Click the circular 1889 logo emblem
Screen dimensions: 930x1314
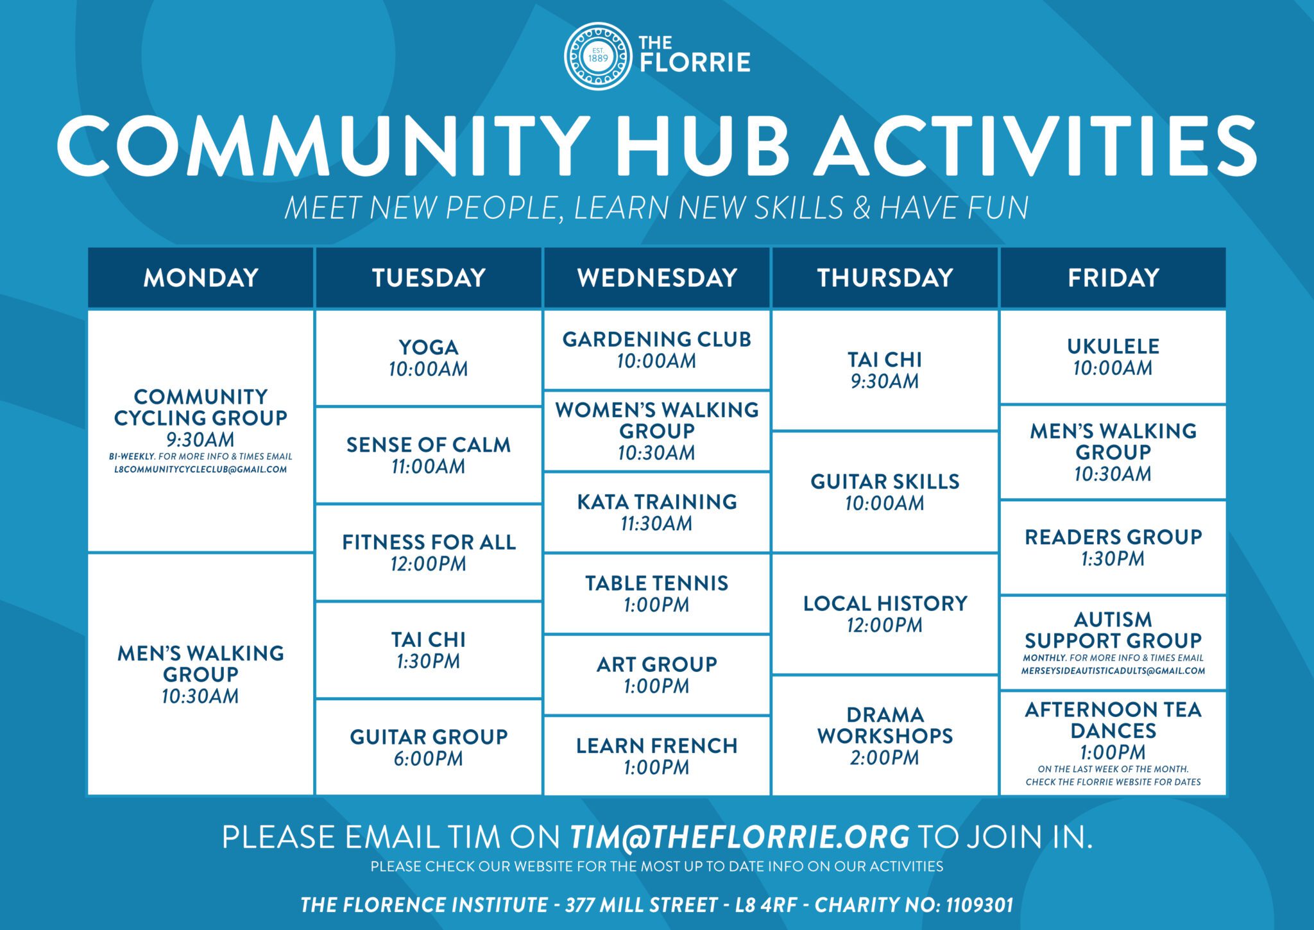(597, 56)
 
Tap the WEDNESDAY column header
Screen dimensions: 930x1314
(656, 278)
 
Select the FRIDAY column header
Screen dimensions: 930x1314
(1113, 278)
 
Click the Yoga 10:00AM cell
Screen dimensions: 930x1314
(429, 357)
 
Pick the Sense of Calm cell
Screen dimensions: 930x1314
(429, 455)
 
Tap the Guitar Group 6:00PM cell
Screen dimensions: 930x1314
(429, 747)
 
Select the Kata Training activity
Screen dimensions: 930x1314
(656, 512)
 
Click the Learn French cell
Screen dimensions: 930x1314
(656, 755)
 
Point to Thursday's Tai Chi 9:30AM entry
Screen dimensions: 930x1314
(885, 370)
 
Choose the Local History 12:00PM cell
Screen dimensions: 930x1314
(885, 614)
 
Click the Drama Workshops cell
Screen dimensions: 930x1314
(885, 736)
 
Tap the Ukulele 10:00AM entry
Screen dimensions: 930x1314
(1113, 357)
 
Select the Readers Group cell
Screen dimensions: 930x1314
(1113, 547)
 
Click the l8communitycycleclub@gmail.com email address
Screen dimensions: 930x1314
(200, 470)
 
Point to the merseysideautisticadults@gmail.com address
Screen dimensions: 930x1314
(1113, 671)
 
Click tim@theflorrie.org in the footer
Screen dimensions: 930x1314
(739, 837)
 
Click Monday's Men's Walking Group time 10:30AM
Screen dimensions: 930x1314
(200, 696)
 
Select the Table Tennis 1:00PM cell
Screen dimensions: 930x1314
(656, 594)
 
